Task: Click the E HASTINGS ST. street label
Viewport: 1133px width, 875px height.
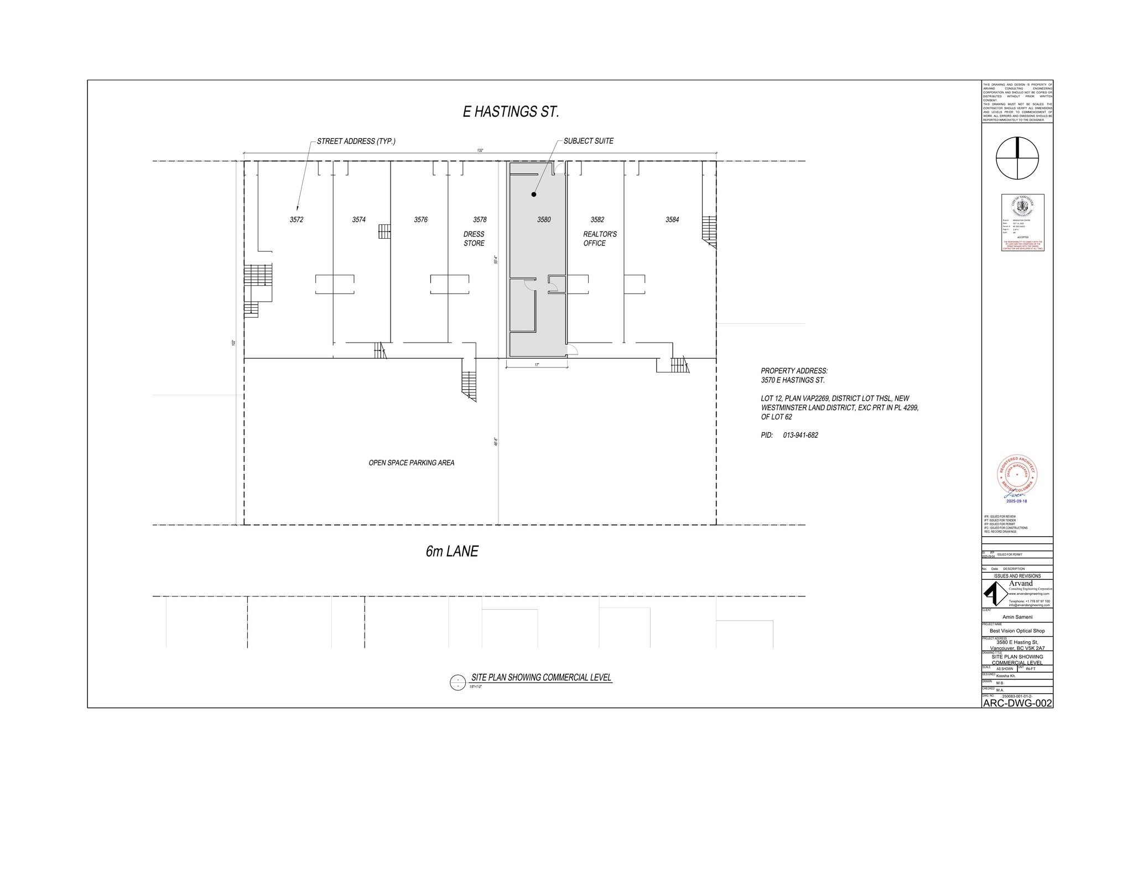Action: coord(511,112)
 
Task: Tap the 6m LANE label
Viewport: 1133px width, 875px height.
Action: coord(451,551)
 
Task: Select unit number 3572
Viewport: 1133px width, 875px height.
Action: coord(296,219)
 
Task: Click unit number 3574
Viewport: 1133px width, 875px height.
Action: coord(358,219)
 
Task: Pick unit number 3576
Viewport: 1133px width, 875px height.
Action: coord(420,219)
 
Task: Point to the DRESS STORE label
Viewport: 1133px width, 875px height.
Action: coord(474,239)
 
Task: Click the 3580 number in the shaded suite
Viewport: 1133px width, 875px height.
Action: coord(543,219)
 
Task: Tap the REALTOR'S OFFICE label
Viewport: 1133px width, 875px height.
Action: coord(599,239)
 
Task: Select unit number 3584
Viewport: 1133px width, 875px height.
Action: coord(672,219)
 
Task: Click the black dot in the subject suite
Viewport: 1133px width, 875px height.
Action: coord(534,195)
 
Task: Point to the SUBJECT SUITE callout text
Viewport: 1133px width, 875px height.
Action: coord(588,141)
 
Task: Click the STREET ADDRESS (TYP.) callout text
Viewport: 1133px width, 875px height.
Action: coord(356,141)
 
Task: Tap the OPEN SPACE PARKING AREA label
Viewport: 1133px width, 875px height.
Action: coord(411,463)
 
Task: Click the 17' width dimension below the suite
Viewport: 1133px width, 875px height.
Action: coord(537,365)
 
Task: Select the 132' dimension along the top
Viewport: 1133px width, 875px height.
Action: coord(480,150)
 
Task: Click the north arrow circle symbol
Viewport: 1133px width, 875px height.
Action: coord(1017,158)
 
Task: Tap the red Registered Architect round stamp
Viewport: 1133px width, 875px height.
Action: coord(1017,475)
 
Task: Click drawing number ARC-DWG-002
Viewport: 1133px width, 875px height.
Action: coord(1017,703)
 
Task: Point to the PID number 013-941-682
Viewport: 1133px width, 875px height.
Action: coord(800,435)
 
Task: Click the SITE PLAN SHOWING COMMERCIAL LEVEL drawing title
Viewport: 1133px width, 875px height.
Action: coord(540,677)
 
